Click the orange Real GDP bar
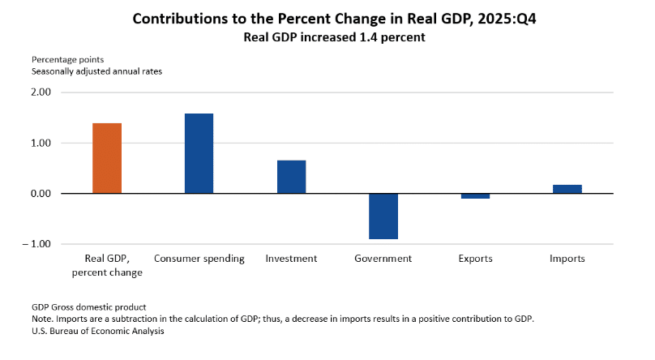tap(107, 158)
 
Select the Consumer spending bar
tap(199, 153)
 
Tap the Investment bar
tap(291, 177)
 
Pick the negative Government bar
tap(383, 216)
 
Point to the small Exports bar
tap(475, 196)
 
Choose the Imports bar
tap(567, 189)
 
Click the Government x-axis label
tap(383, 259)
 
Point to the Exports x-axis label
tap(475, 259)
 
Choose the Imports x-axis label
tap(567, 259)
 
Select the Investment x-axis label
tap(291, 259)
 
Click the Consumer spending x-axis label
tap(199, 259)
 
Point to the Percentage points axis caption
tap(67, 59)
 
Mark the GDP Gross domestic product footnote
tap(88, 307)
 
